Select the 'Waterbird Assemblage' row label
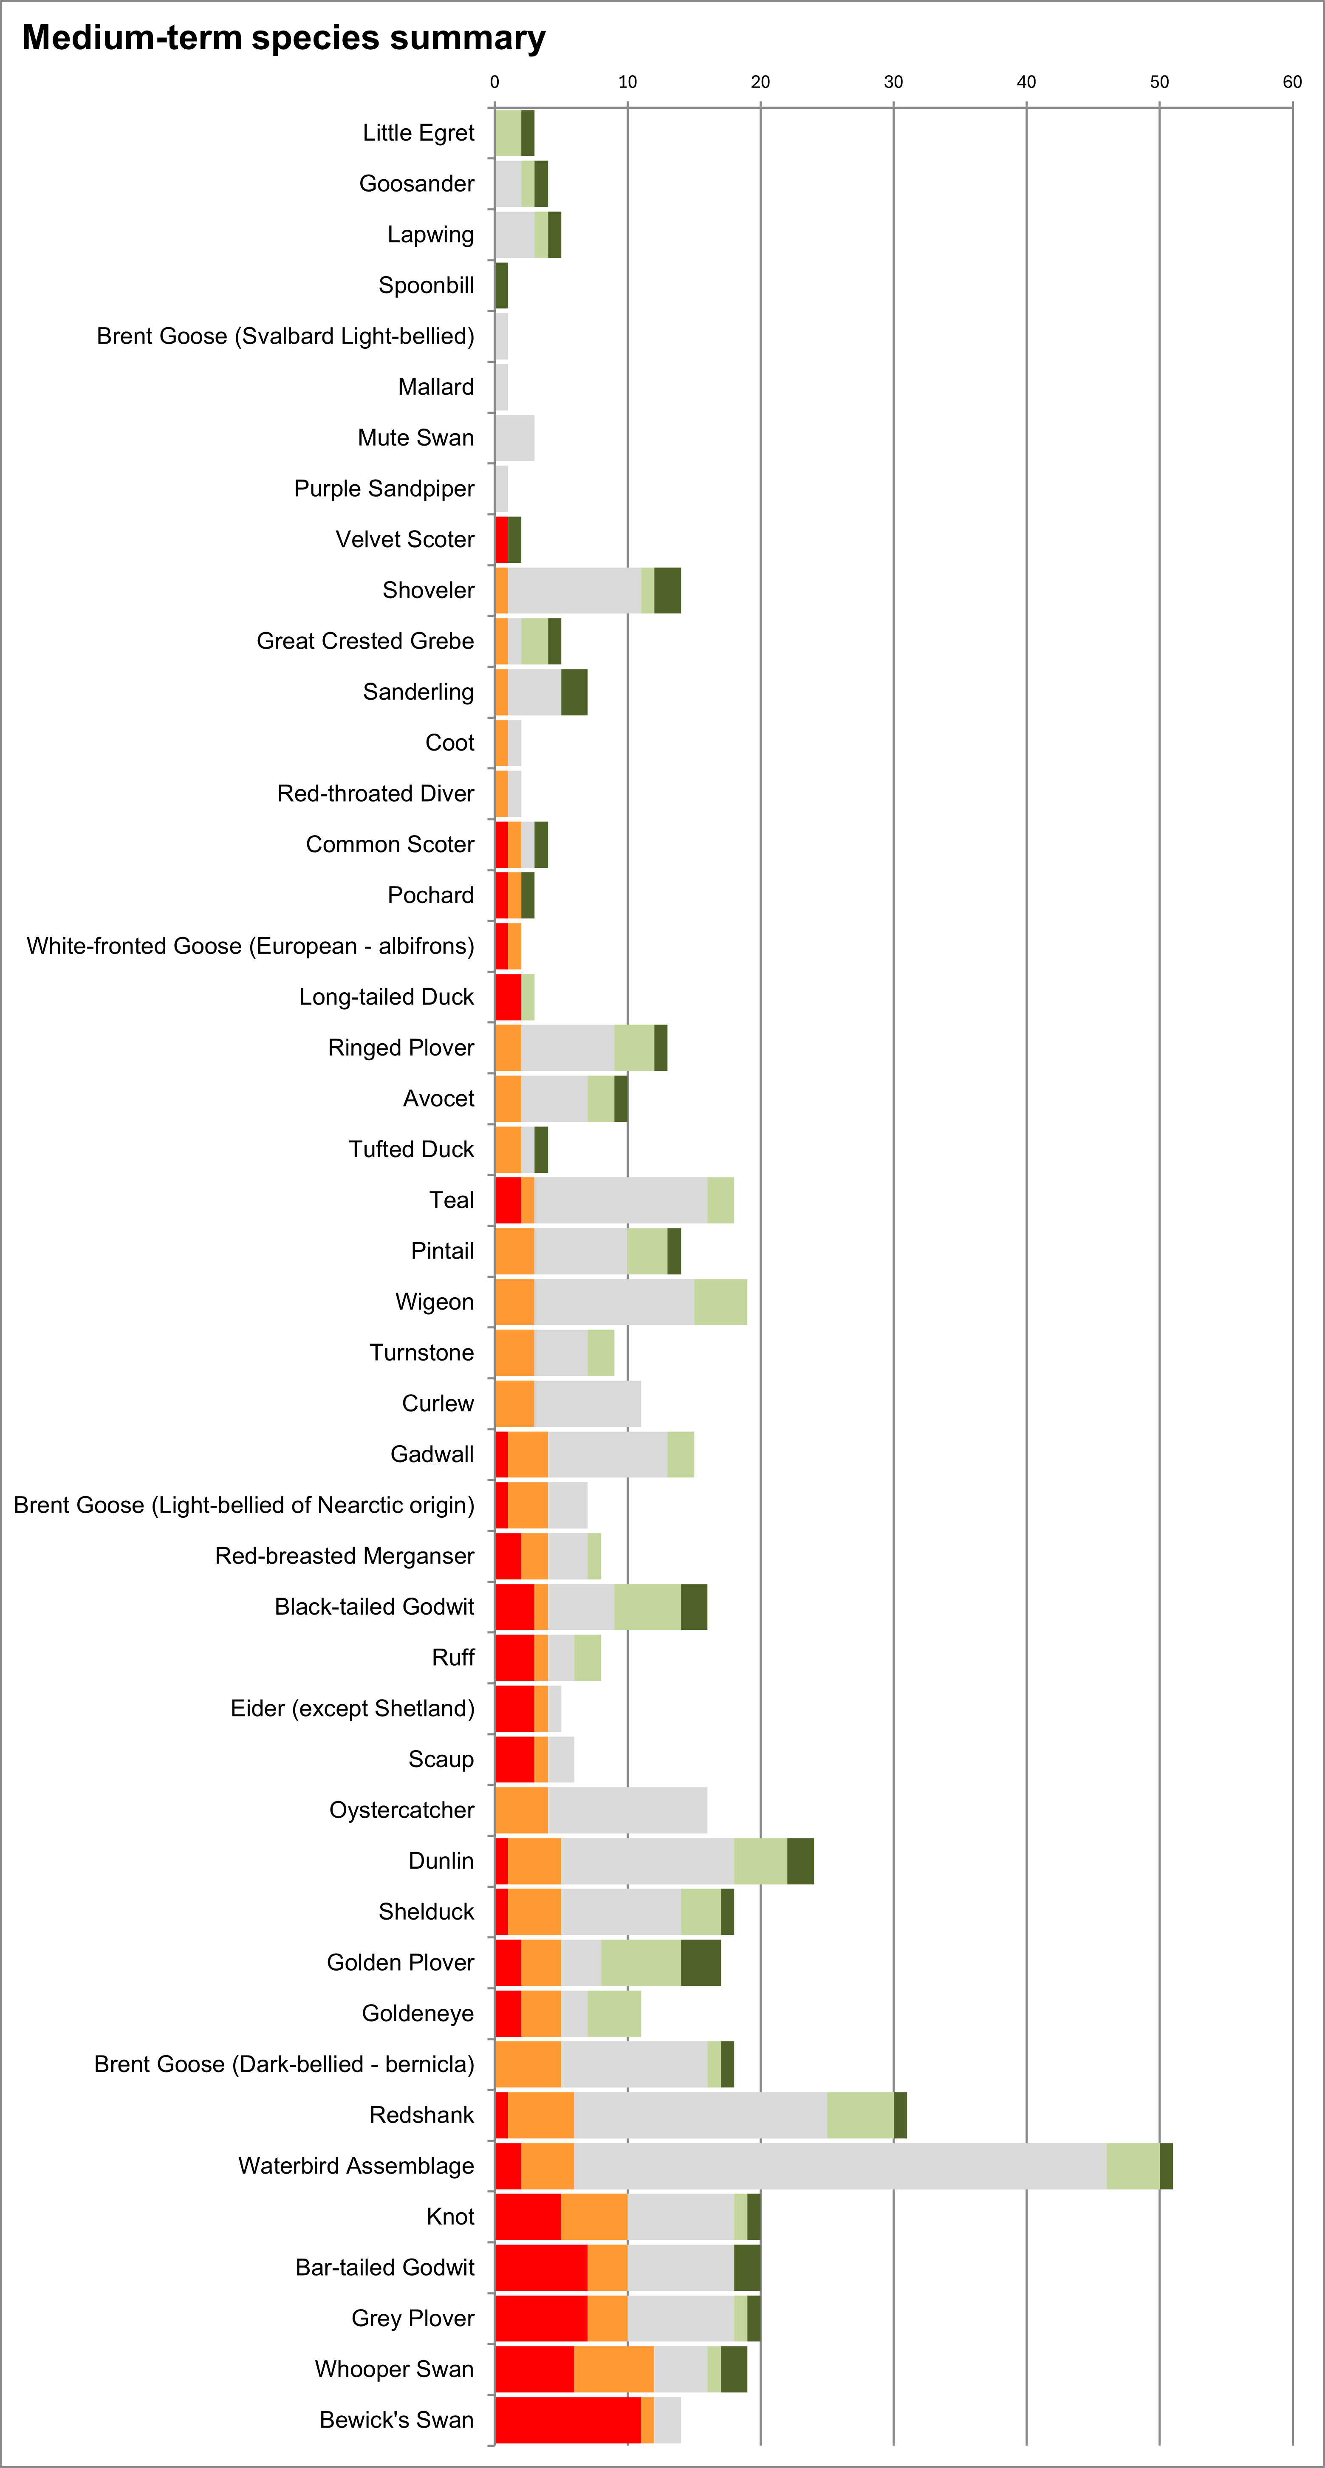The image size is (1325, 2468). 356,2165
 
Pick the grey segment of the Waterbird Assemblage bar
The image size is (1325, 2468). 840,2165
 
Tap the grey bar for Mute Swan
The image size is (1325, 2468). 514,438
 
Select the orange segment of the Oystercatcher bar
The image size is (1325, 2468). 521,1810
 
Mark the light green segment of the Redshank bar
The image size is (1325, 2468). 860,2115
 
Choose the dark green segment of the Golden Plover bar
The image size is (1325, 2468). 701,1962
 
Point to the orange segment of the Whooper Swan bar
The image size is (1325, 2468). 614,2368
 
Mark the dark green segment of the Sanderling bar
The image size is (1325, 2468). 574,692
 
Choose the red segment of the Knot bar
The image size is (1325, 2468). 528,2216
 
